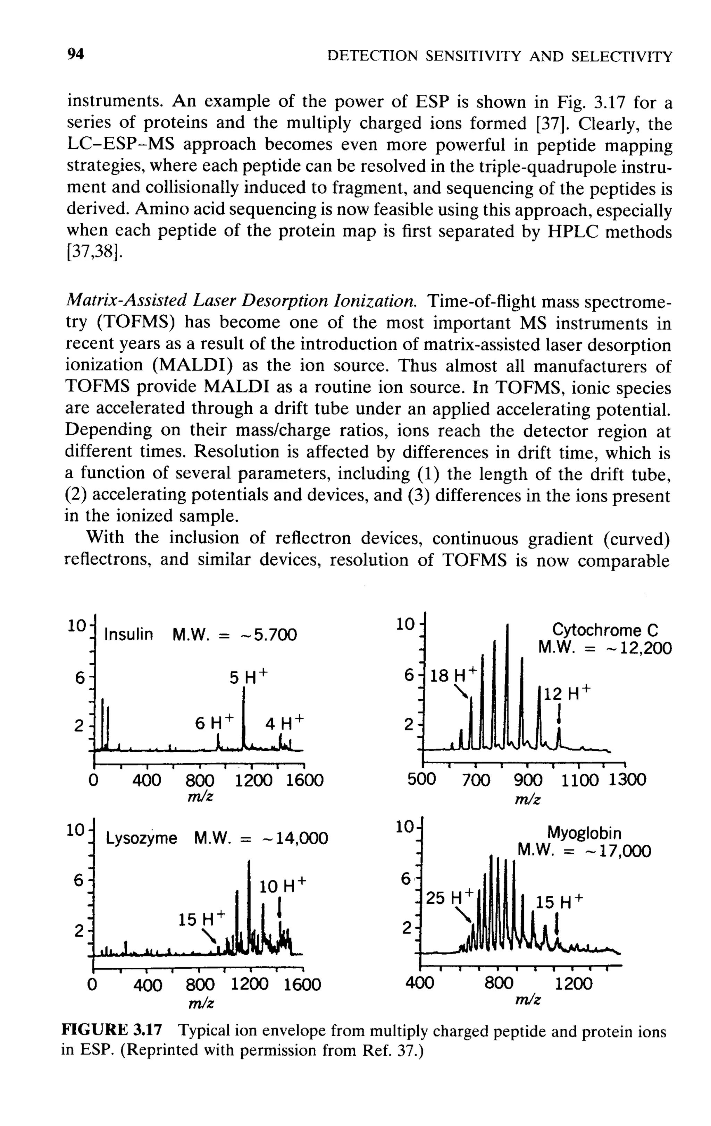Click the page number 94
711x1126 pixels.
[x=75, y=55]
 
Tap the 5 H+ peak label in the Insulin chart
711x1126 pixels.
[x=249, y=677]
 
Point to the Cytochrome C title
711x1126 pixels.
[x=605, y=630]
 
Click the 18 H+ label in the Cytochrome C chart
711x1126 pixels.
[x=453, y=675]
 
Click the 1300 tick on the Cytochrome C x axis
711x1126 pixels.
[x=627, y=779]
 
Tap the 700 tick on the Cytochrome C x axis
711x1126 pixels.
[x=476, y=780]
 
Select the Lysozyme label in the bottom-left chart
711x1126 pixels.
[x=141, y=838]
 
